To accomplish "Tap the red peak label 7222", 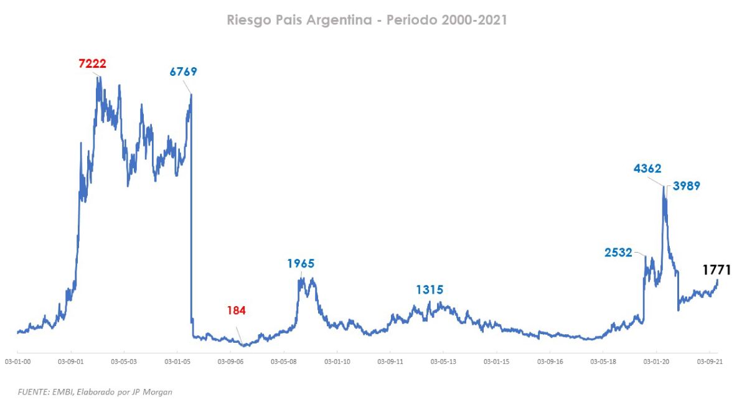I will pyautogui.click(x=92, y=63).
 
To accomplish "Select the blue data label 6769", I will pyautogui.click(x=183, y=72).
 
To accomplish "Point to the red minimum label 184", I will pyautogui.click(x=236, y=310).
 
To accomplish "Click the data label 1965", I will pyautogui.click(x=301, y=264).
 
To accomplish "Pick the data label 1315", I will pyautogui.click(x=430, y=290).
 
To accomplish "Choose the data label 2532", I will pyautogui.click(x=618, y=253).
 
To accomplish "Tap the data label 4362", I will pyautogui.click(x=647, y=168).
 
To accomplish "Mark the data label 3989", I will pyautogui.click(x=687, y=185).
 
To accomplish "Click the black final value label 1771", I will pyautogui.click(x=716, y=270).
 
